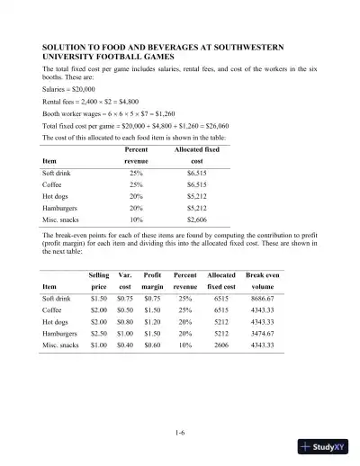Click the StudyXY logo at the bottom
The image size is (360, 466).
[325, 444]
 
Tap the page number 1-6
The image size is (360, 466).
[180, 408]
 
